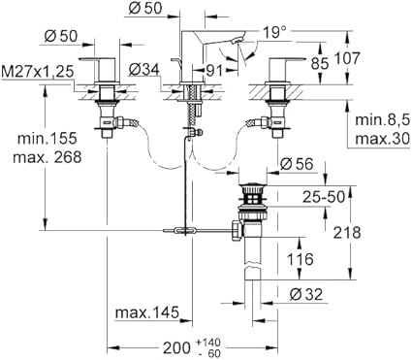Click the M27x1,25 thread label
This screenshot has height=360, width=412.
coord(38,72)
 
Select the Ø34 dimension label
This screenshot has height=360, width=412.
coord(144,70)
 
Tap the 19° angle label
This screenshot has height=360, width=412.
coord(274,33)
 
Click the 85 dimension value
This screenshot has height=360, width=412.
coord(320,63)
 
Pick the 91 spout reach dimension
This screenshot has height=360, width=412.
coord(214,71)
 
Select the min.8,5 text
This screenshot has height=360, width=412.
coord(383,120)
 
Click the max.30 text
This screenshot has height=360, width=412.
coord(383,140)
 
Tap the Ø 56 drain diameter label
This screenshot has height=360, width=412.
coord(297,164)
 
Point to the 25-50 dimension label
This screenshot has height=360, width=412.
coord(324,197)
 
